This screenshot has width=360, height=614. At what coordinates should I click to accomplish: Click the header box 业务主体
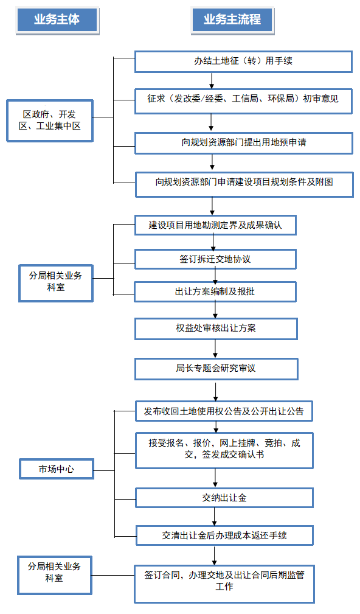click(57, 20)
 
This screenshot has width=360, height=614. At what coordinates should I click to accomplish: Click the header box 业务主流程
click(232, 20)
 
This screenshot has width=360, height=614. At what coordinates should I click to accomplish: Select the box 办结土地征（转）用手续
click(243, 61)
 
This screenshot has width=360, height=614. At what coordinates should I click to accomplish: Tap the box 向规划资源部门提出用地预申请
click(244, 143)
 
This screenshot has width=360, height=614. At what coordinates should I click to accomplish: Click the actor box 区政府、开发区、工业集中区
click(50, 120)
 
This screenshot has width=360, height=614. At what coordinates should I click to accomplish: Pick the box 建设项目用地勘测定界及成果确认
click(215, 225)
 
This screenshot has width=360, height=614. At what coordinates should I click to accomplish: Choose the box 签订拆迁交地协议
click(215, 259)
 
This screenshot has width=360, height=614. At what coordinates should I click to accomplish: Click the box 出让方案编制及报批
click(215, 291)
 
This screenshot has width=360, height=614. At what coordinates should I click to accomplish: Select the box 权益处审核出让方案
click(216, 329)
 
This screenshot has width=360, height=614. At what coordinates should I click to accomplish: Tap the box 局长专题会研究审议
click(216, 369)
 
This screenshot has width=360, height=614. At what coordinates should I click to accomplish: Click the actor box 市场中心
click(57, 469)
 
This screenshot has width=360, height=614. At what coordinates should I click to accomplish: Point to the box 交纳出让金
click(224, 498)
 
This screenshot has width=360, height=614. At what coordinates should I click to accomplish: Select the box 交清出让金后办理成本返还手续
click(224, 536)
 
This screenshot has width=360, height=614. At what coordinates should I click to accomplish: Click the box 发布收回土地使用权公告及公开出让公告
click(224, 411)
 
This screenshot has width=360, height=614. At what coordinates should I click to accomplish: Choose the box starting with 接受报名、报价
click(224, 450)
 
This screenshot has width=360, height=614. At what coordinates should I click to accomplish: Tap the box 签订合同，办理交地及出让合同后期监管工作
click(224, 584)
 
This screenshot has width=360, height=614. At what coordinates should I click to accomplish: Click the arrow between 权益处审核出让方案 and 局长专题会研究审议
click(215, 349)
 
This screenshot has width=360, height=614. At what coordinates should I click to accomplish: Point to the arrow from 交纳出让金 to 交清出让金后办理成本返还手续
click(215, 517)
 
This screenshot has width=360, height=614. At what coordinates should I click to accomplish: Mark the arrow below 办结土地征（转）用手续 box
click(212, 81)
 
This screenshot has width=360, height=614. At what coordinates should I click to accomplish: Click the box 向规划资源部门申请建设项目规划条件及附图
click(244, 184)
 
